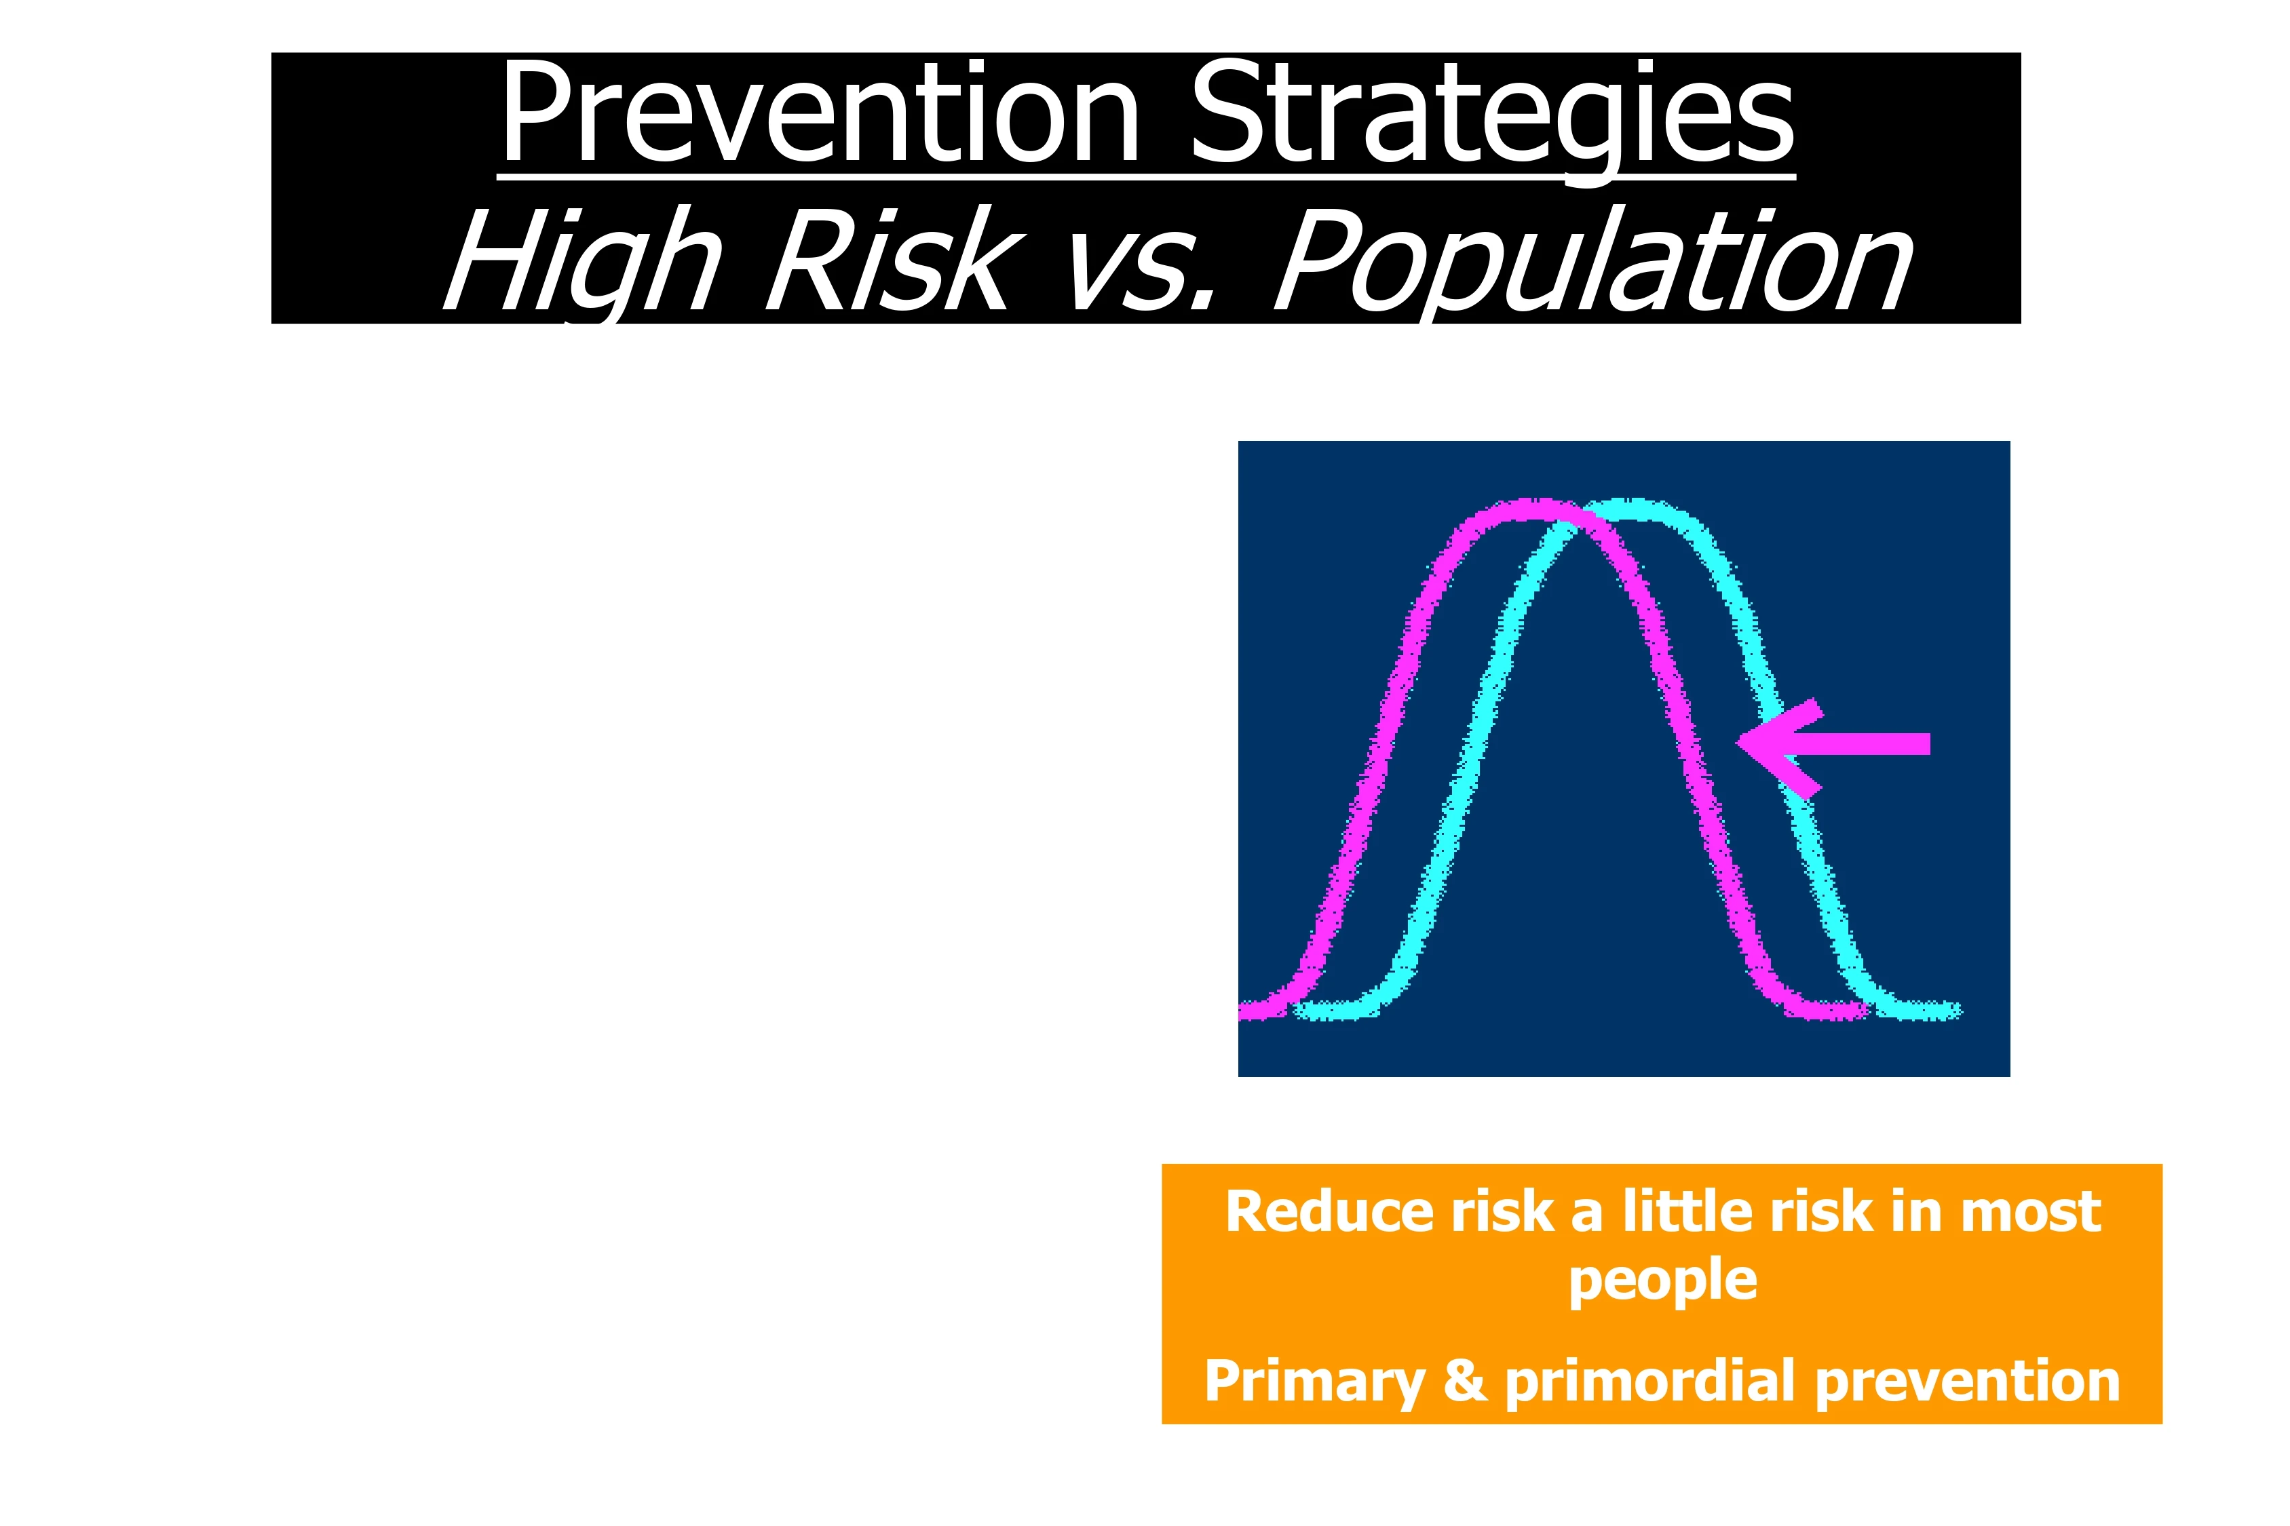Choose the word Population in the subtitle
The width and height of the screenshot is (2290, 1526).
[1594, 265]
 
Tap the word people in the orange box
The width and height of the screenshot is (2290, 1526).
[1663, 1280]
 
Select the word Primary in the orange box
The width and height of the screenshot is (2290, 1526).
[1314, 1383]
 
